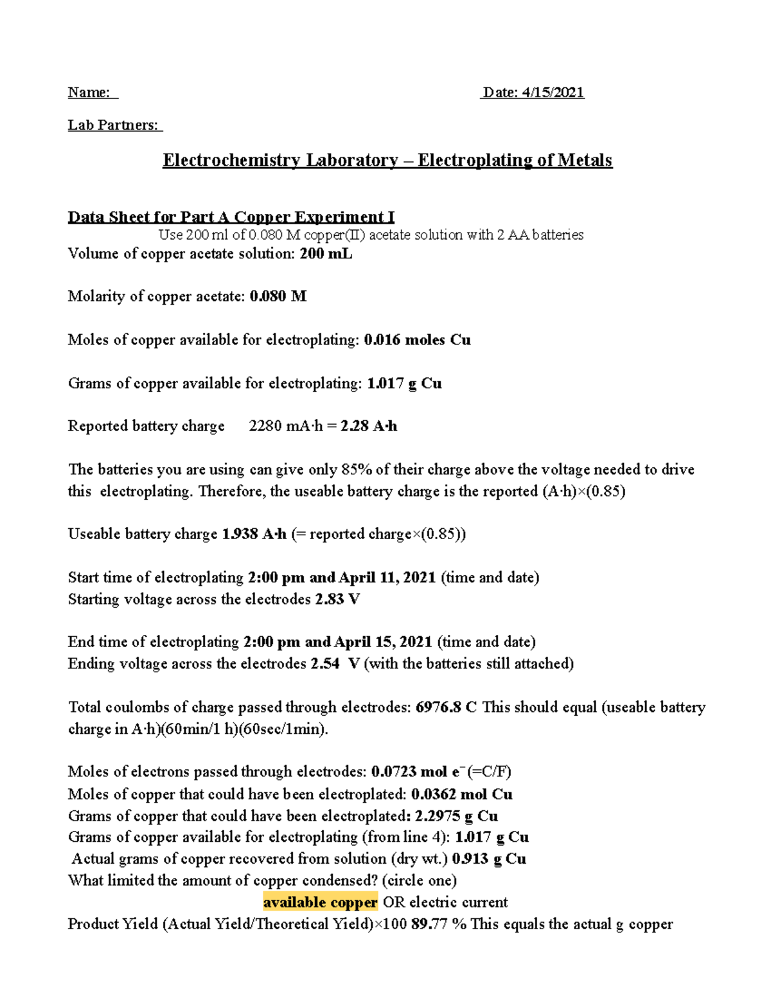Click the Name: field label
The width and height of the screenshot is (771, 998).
click(x=89, y=93)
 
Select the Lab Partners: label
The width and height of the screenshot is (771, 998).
click(x=113, y=125)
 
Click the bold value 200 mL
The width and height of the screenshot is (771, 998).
click(x=326, y=254)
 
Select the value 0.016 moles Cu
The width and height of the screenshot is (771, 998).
click(x=417, y=340)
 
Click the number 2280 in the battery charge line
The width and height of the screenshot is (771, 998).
click(x=266, y=426)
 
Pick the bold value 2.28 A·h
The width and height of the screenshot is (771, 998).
click(x=369, y=426)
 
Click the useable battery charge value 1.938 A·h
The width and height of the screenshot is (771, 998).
click(x=254, y=534)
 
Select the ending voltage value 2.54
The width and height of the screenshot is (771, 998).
click(x=325, y=664)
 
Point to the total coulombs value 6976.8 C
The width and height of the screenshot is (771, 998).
click(x=446, y=708)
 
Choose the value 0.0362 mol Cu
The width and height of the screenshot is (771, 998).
click(x=461, y=794)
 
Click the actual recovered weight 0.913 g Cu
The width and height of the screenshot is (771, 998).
click(x=489, y=859)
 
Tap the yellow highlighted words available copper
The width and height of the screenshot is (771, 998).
click(x=320, y=903)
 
